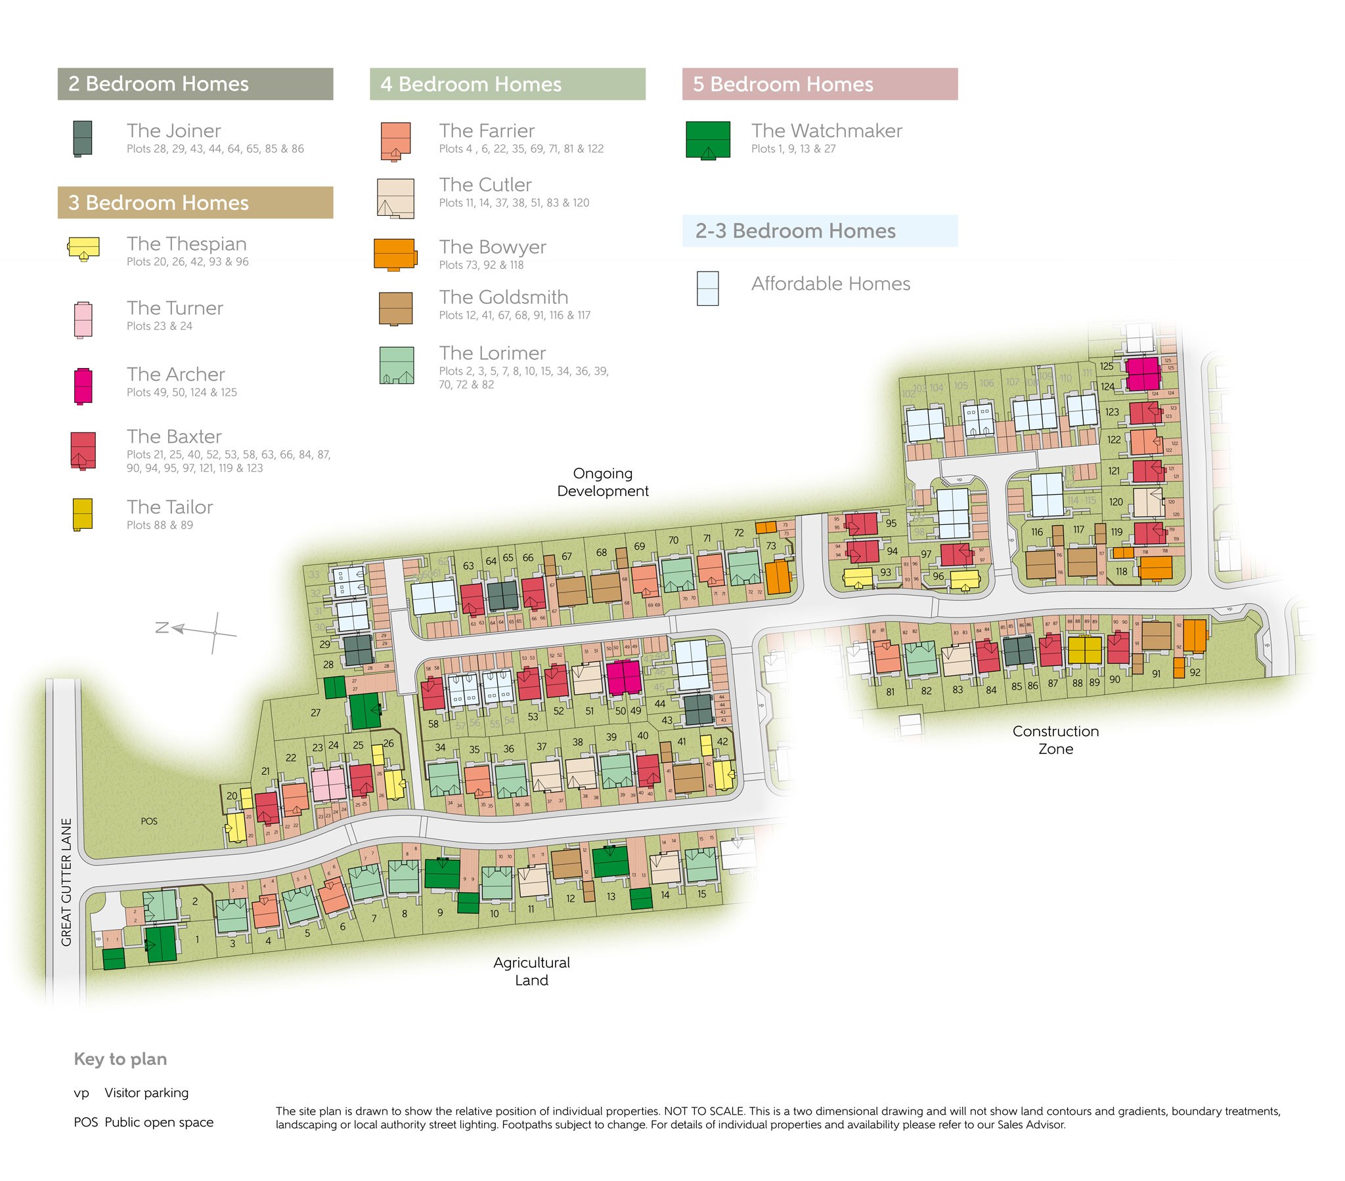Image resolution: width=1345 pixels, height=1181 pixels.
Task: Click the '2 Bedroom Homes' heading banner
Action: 195,83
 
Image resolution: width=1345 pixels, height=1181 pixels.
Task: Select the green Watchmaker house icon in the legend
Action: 707,138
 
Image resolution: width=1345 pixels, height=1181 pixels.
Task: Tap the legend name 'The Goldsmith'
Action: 503,297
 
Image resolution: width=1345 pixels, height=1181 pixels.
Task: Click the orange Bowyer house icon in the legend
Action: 395,254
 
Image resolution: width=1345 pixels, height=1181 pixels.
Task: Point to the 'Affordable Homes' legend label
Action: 830,283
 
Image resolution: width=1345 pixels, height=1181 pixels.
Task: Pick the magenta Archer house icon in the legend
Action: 83,385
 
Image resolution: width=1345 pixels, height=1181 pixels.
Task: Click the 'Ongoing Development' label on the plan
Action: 602,482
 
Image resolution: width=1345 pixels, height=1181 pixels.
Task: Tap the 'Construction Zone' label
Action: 1055,740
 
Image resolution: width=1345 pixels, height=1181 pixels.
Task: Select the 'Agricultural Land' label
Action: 531,970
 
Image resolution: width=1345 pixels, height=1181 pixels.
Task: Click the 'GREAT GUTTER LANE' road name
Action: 66,881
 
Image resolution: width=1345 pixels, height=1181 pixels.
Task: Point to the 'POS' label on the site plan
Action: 148,821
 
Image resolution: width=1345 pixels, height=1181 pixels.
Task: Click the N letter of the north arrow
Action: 162,627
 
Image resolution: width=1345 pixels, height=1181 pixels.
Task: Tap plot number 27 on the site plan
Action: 315,712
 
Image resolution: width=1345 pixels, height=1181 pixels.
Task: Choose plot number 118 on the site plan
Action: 1120,571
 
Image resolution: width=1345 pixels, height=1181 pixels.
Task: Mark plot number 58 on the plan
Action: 433,723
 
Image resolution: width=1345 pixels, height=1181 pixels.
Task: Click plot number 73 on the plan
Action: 770,545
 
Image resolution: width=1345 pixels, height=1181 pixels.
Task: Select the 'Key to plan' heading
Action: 120,1059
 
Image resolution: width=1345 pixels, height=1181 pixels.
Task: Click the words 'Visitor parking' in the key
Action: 146,1092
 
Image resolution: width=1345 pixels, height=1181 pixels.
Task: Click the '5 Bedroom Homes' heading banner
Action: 819,83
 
